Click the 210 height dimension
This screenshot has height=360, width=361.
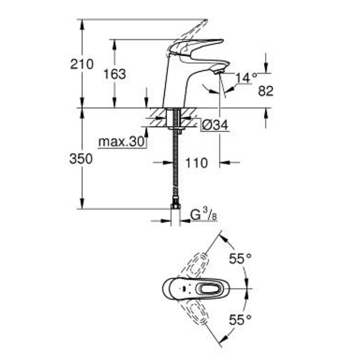pyautogui.click(x=82, y=64)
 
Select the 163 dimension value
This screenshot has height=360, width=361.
pyautogui.click(x=115, y=74)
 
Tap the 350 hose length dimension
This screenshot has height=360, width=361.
pyautogui.click(x=81, y=159)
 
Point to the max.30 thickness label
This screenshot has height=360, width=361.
pyautogui.click(x=121, y=142)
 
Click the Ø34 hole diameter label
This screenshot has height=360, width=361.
pyautogui.click(x=215, y=125)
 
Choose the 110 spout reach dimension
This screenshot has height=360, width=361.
pyautogui.click(x=196, y=163)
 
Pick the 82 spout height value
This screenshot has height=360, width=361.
pyautogui.click(x=266, y=90)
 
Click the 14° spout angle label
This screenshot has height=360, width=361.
pyautogui.click(x=246, y=77)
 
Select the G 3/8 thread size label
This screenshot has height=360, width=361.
pyautogui.click(x=204, y=215)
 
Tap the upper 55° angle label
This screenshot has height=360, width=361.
pyautogui.click(x=240, y=258)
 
